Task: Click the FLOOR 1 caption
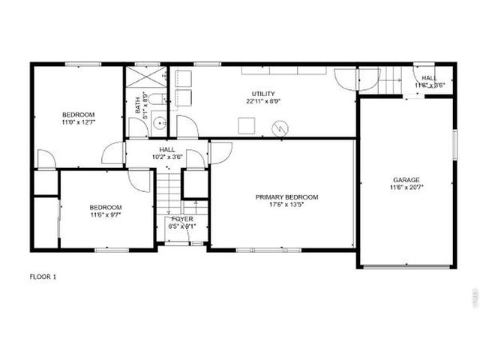pyautogui.click(x=43, y=276)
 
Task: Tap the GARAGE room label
pyautogui.click(x=406, y=180)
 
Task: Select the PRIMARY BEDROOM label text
pyautogui.click(x=286, y=197)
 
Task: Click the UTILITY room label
pyautogui.click(x=263, y=94)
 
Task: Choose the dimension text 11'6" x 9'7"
pyautogui.click(x=105, y=215)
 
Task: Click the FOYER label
pyautogui.click(x=181, y=219)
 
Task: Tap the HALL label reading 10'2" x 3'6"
pyautogui.click(x=167, y=157)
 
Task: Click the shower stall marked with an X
pyautogui.click(x=145, y=77)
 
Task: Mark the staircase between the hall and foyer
pyautogui.click(x=169, y=193)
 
